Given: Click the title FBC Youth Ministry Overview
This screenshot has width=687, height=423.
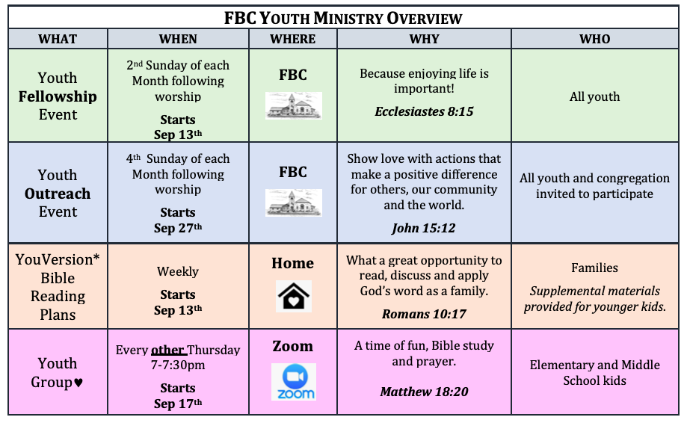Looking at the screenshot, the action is point(343,18).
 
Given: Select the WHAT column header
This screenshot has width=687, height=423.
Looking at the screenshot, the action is point(58,39).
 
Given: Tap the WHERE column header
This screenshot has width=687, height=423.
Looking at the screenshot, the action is point(293,39).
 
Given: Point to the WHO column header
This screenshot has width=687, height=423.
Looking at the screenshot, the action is point(594,39).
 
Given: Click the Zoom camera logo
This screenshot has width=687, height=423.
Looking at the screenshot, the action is point(294,381).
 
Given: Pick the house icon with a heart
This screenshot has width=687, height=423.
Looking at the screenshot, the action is point(294,296).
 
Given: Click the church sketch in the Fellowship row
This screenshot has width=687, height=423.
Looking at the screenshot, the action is point(294,105).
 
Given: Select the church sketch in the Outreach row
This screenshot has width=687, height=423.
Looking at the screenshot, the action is point(294,203).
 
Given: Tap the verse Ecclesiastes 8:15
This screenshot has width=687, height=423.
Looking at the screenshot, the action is point(424,111).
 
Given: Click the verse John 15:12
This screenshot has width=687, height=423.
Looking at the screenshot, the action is point(424,228).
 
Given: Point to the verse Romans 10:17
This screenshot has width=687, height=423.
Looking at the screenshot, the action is point(424,314).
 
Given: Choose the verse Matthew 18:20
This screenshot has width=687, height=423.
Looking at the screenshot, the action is point(424,392).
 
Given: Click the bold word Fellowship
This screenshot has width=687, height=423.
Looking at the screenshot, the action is point(58,96).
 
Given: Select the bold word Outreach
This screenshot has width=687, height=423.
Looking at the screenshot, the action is point(58,194).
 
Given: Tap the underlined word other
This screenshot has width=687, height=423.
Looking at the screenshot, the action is point(167,350).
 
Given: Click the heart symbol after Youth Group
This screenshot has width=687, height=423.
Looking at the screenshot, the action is point(78,383).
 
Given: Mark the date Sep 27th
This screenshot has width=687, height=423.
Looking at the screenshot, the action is point(178,228).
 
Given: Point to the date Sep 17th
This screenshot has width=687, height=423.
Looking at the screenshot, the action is point(178,404).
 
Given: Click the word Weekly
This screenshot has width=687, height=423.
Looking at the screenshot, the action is point(178,271).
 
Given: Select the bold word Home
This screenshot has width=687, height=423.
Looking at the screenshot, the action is point(293,263).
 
